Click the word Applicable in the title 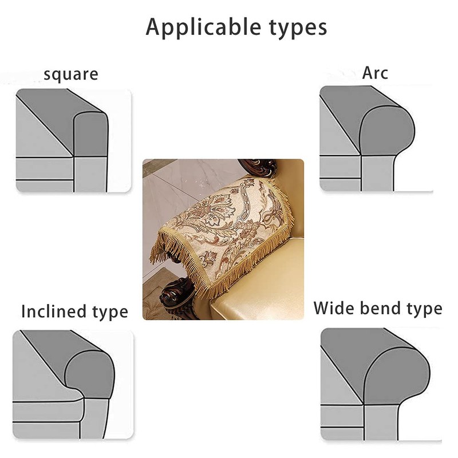click(203, 27)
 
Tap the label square click(70, 75)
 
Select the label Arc click(375, 73)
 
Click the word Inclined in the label click(54, 311)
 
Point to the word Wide click(334, 308)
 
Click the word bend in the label click(381, 308)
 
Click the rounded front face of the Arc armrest click(386, 132)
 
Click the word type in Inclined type click(110, 313)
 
